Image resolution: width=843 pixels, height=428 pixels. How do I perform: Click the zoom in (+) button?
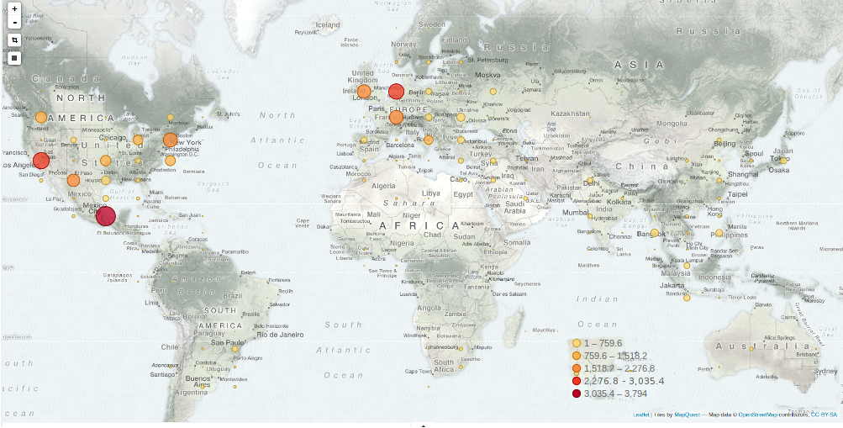[14, 8]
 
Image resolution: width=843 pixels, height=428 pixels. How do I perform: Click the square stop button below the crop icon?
[14, 58]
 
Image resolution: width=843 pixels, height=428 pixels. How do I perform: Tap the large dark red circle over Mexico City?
[105, 216]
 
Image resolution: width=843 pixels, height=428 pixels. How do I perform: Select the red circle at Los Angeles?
[40, 161]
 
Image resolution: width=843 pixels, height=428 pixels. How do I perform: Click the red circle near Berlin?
[397, 92]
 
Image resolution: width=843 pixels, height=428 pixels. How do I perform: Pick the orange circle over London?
[364, 92]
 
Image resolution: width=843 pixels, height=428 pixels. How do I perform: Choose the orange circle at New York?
[170, 140]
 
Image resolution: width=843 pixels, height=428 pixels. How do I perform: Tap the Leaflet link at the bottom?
[640, 415]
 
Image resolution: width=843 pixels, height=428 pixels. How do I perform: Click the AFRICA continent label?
[419, 226]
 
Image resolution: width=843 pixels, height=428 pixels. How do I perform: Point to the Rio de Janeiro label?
[268, 334]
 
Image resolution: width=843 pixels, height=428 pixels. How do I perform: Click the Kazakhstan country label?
[572, 113]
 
